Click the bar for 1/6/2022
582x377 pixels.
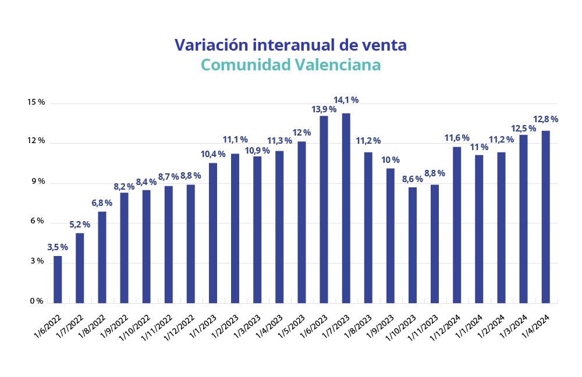coord(58,279)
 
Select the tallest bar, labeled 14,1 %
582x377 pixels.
coord(346,208)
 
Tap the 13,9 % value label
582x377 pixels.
coord(324,109)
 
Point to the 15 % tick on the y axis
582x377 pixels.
coord(36,102)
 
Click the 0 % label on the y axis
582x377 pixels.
coord(36,301)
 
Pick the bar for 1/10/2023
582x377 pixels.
coord(412,245)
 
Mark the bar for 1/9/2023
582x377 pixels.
coord(390,236)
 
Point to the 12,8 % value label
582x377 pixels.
coord(546,119)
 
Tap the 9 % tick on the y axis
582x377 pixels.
coord(37,182)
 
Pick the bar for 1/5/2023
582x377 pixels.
coord(301,222)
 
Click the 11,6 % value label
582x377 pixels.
coord(457,138)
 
